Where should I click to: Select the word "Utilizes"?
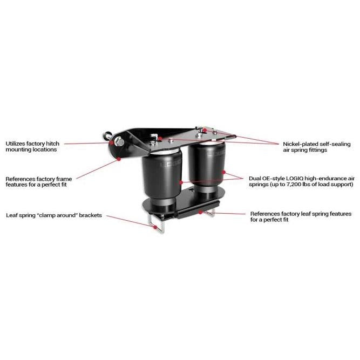pos(16,143)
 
